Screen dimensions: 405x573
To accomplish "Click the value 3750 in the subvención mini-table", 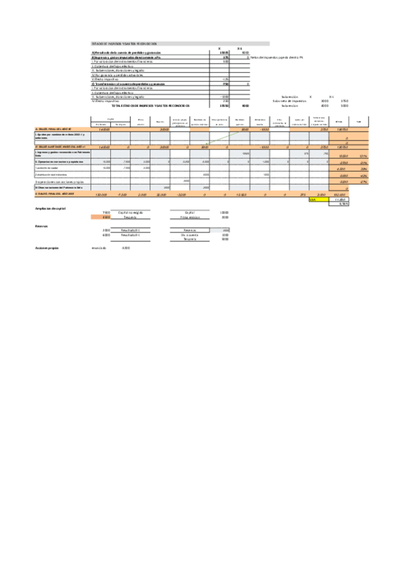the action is pos(344,101).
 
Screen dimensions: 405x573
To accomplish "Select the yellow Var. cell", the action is pos(312,200).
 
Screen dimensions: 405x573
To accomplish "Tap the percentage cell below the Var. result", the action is pos(342,204).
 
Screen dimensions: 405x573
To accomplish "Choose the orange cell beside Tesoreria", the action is pos(101,218).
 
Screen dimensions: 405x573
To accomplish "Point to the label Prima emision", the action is pos(190,218).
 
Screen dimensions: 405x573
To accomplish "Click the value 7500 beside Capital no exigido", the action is pos(107,213).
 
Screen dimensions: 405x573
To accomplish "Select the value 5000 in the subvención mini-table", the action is pos(344,105).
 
